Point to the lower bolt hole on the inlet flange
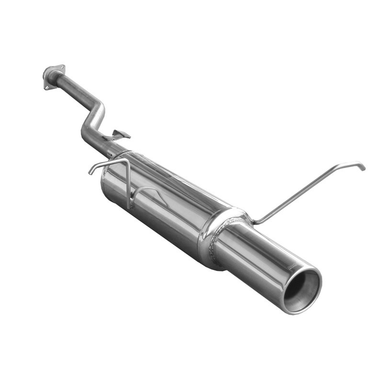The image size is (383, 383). pyautogui.click(x=47, y=87)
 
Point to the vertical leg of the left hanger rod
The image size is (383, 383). pyautogui.click(x=129, y=184)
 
